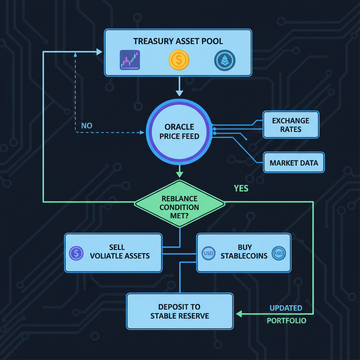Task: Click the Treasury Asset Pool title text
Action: (178, 41)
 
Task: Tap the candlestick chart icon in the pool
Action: (130, 60)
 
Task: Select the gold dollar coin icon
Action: (179, 60)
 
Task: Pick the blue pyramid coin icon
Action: (224, 60)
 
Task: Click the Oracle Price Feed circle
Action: (179, 131)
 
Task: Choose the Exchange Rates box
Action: (291, 125)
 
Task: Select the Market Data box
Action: (294, 163)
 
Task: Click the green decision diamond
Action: (179, 202)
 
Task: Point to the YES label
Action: (241, 189)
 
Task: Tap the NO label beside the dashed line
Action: (86, 126)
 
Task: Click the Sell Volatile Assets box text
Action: (120, 252)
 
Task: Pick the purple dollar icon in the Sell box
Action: (76, 253)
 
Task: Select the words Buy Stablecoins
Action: (244, 252)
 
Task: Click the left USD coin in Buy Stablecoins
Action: (208, 252)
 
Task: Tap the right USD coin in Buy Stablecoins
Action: (279, 252)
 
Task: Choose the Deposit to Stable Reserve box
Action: (180, 311)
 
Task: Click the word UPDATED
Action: (286, 308)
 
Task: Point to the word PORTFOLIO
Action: (286, 321)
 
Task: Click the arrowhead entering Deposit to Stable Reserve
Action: (238, 314)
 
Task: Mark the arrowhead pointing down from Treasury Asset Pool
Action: (179, 93)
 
